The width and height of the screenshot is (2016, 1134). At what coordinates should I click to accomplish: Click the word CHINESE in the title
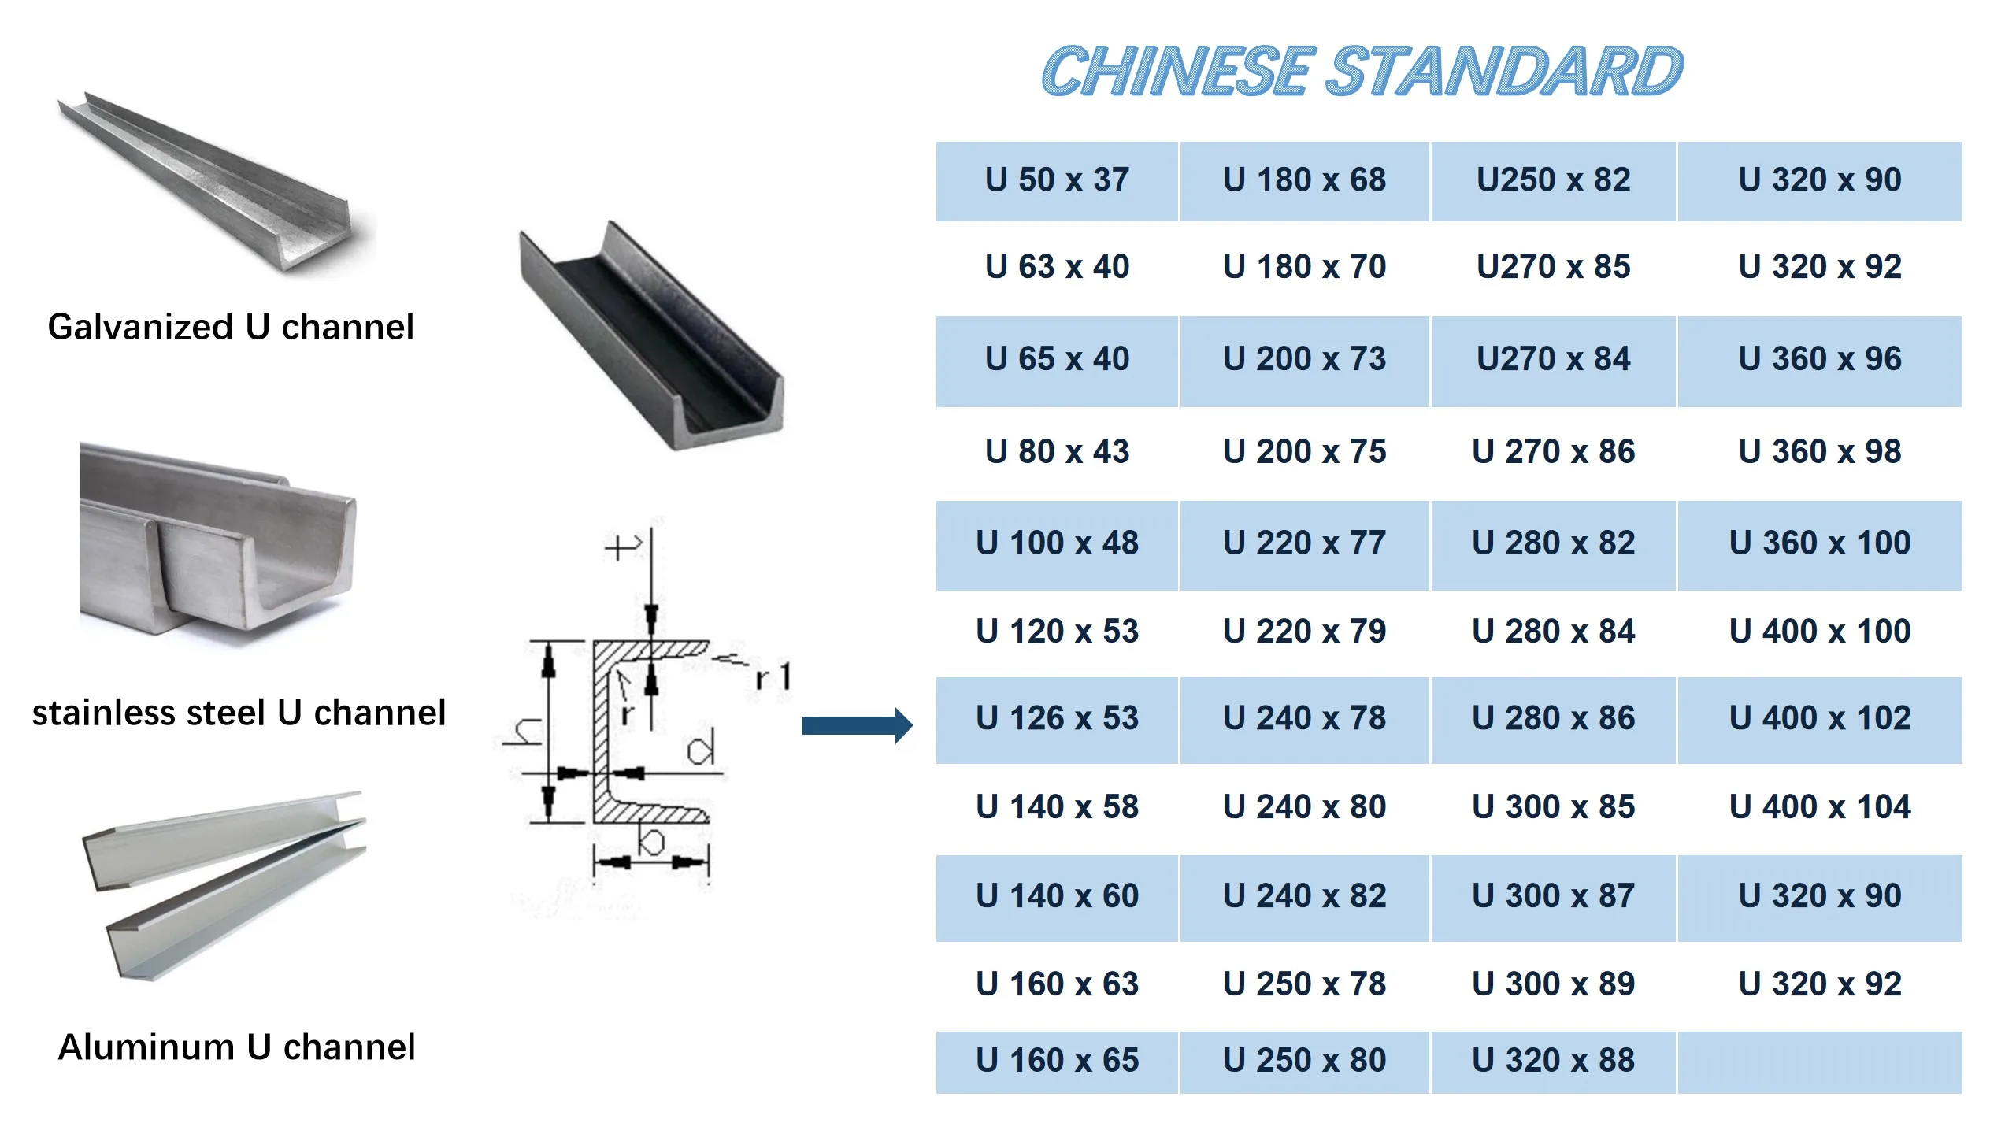coord(1178,72)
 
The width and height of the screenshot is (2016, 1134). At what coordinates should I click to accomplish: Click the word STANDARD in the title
coord(1505,72)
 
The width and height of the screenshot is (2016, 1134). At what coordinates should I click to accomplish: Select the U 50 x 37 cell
coord(1057,180)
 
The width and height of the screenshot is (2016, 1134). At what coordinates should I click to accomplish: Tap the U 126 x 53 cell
coord(1057,718)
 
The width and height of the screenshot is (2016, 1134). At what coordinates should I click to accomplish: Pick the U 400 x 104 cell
coord(1820,807)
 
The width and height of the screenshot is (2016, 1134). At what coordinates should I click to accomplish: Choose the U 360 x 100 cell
coord(1820,543)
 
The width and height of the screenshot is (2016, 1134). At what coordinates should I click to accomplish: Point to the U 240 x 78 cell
coord(1304,718)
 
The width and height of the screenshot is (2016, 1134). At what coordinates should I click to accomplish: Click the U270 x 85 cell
coord(1553,267)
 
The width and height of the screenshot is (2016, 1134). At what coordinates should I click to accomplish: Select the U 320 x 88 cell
coord(1553,1061)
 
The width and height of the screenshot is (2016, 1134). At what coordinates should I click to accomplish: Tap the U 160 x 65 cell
coord(1057,1061)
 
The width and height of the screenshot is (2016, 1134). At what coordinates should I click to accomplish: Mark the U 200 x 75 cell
coord(1304,452)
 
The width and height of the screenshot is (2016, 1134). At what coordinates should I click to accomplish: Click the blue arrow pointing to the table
coord(857,725)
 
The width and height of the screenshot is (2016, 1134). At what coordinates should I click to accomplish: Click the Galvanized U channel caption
coord(231,328)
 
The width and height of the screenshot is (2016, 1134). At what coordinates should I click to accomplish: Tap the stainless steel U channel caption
coord(239,713)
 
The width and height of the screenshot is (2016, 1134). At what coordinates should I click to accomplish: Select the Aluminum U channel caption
coord(236,1048)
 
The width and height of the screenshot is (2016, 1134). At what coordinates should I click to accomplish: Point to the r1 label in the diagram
coord(773,677)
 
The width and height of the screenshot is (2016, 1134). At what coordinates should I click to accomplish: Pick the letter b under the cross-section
coord(651,841)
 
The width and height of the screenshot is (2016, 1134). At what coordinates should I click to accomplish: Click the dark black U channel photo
coord(651,339)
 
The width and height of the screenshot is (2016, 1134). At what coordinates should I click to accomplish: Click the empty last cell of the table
coord(1820,1062)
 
